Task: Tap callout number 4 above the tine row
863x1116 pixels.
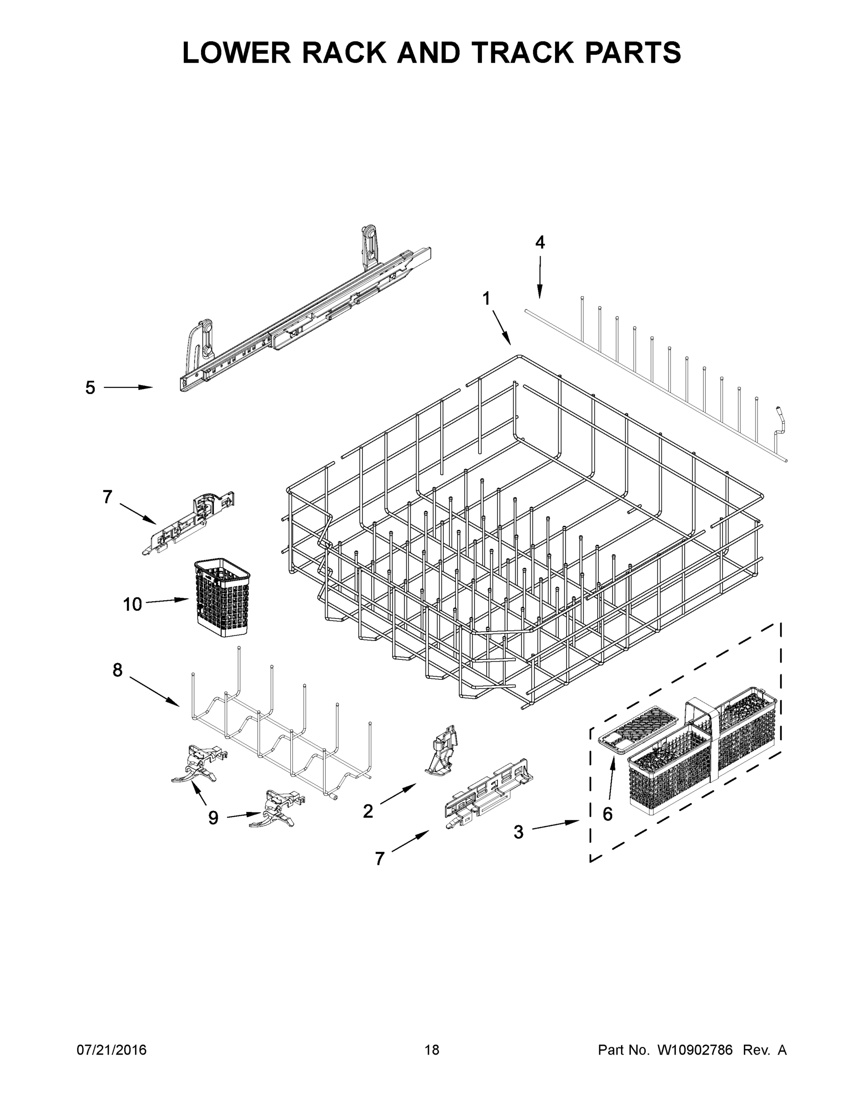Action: pos(540,242)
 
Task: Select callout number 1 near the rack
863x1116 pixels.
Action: pos(486,299)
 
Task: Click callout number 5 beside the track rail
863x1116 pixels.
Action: pos(90,388)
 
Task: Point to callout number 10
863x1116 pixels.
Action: pos(132,604)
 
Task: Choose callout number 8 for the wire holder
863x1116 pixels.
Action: pos(118,670)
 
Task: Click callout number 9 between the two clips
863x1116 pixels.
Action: pos(213,818)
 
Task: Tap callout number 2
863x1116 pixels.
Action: pos(368,811)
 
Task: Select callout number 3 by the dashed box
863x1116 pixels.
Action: pos(518,832)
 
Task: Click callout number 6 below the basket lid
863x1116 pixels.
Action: pos(608,814)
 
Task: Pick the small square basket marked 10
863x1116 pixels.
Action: pos(222,598)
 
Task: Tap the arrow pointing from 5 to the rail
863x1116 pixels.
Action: pos(128,388)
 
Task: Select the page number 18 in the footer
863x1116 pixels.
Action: pos(432,1050)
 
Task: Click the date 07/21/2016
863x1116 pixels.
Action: pos(112,1050)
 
